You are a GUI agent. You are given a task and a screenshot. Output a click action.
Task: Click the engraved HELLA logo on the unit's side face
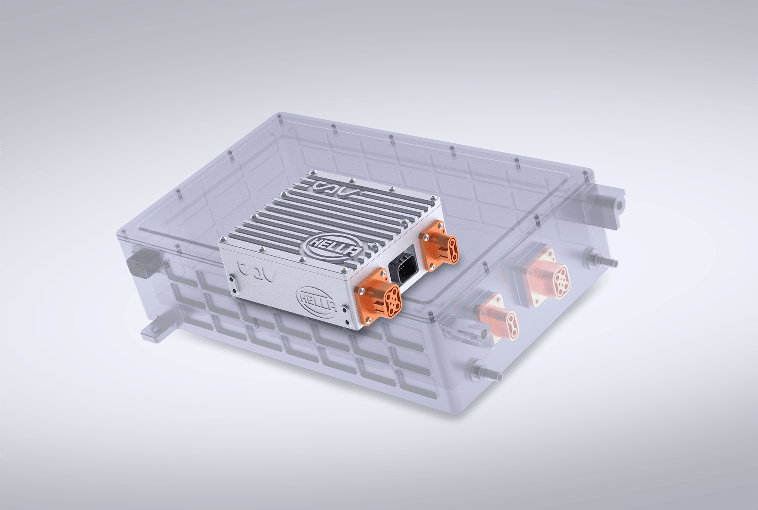(x=318, y=301)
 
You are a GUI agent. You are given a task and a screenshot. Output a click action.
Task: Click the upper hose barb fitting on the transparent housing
(x=603, y=261)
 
